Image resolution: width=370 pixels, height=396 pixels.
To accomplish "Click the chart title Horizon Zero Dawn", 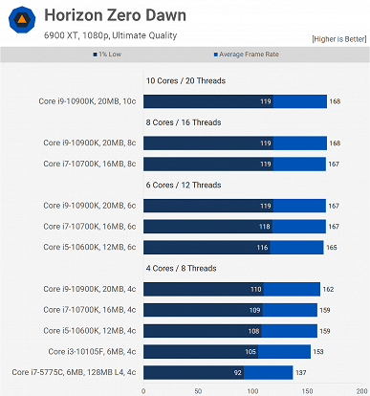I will tap(115, 16).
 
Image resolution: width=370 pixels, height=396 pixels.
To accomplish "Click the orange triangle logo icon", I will tap(20, 23).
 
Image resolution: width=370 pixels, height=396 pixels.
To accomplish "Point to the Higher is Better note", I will tap(337, 38).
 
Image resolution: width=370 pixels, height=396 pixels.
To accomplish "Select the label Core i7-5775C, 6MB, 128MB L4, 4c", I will tap(74, 371).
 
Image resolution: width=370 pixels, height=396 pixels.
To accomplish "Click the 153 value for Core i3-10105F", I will tap(326, 351).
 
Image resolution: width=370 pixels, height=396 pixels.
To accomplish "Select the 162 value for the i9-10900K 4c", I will tap(328, 289).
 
